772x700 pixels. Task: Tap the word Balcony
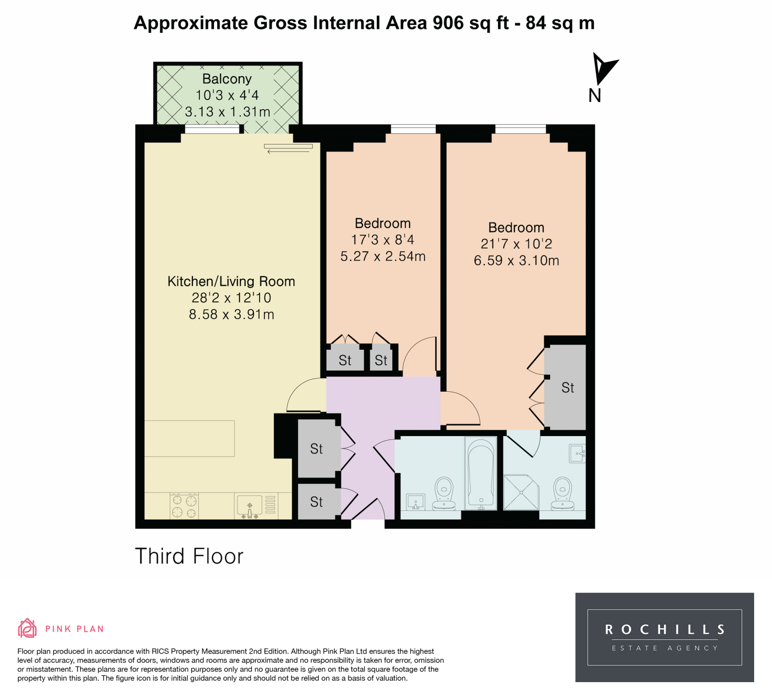pos(227,79)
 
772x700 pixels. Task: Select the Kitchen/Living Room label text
pos(231,281)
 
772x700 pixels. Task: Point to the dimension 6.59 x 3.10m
pos(516,261)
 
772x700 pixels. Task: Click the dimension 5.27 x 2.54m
pos(383,256)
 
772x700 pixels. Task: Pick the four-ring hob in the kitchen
pos(184,506)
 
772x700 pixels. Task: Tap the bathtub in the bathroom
pos(481,473)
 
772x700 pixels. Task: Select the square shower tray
pos(521,493)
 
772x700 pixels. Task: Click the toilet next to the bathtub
pos(444,493)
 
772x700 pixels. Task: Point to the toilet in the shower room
pos(563,493)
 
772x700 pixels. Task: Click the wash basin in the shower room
pos(577,453)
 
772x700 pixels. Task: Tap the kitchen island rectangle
pos(190,439)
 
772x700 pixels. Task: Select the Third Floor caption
pos(189,556)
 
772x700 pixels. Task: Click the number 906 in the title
pos(448,23)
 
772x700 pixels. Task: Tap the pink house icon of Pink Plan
pos(28,628)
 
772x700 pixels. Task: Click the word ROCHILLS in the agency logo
pos(665,630)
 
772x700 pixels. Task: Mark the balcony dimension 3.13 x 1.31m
pos(227,112)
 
